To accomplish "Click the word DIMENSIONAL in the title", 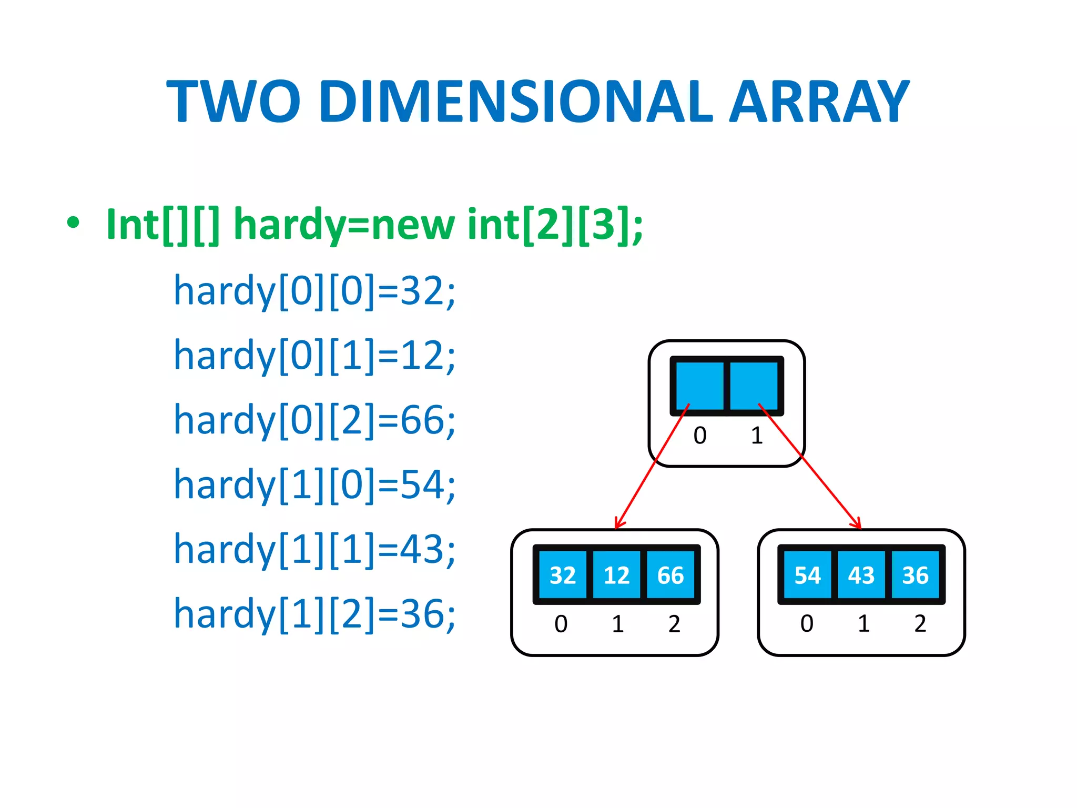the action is tap(516, 102).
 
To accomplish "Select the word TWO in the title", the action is tap(233, 102).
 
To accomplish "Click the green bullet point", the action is tap(73, 223).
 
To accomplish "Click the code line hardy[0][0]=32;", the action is tap(314, 291).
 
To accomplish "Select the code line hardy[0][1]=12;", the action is tap(314, 356).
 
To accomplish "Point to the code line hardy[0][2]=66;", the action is tap(314, 420).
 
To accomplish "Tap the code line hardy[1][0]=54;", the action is tap(314, 484).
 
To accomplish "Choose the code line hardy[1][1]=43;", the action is tap(314, 549).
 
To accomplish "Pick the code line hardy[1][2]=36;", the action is tap(314, 614).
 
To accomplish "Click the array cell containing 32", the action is tap(562, 575).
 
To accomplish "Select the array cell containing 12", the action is tap(616, 575).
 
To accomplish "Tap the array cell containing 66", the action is tap(670, 575).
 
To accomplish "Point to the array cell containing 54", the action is tap(807, 575).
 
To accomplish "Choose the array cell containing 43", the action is tap(861, 575).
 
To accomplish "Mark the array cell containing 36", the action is tap(915, 575).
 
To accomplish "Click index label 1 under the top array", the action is tap(757, 436).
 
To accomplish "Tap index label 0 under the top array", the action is tap(700, 436).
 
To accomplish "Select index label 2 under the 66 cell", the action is tap(674, 624).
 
